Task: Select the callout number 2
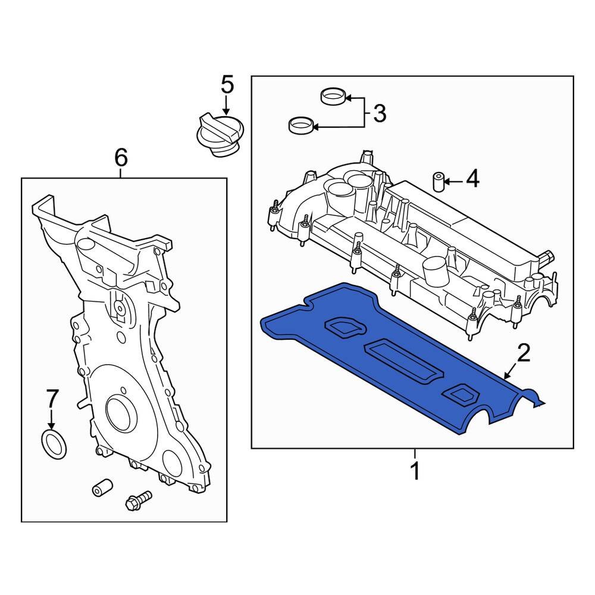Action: click(x=523, y=353)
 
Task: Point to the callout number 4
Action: click(x=472, y=178)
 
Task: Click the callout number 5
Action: click(x=227, y=84)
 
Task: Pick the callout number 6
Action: click(x=120, y=158)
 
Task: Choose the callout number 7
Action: click(x=52, y=398)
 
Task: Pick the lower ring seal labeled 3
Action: click(x=300, y=125)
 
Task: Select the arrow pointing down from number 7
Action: click(x=52, y=419)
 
